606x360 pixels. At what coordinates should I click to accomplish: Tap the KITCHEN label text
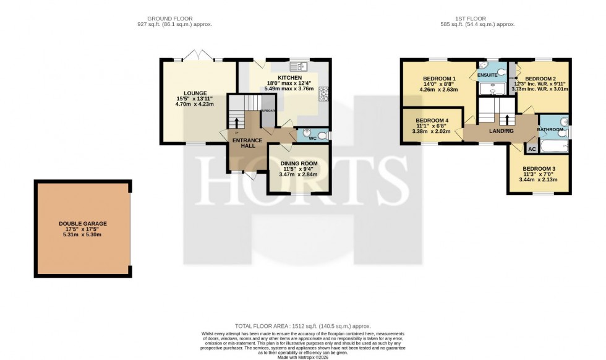[x=289, y=77]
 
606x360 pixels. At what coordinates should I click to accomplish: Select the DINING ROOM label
[x=298, y=162]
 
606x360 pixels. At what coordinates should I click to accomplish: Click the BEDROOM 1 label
[x=439, y=78]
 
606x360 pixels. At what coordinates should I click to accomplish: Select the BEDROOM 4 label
[x=432, y=120]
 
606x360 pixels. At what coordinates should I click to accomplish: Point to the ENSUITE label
[x=487, y=74]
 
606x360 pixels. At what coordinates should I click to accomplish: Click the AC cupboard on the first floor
[x=532, y=149]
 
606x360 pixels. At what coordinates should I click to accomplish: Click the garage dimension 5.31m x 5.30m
[x=83, y=235]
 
